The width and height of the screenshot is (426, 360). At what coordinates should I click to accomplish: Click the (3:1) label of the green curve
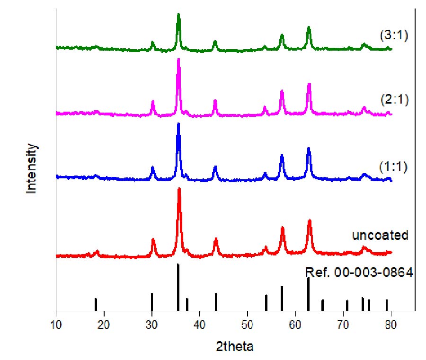point(394,35)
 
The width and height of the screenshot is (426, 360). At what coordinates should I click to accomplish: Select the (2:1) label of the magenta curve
point(394,100)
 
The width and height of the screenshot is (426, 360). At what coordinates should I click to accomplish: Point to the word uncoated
point(380,235)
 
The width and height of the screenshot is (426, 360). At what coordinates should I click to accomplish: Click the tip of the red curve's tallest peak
point(179,189)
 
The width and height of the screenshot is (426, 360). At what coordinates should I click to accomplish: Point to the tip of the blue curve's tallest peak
point(178,123)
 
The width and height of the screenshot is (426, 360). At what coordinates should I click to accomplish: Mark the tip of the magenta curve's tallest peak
point(178,59)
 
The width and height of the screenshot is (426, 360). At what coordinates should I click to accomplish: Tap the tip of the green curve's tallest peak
point(178,15)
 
